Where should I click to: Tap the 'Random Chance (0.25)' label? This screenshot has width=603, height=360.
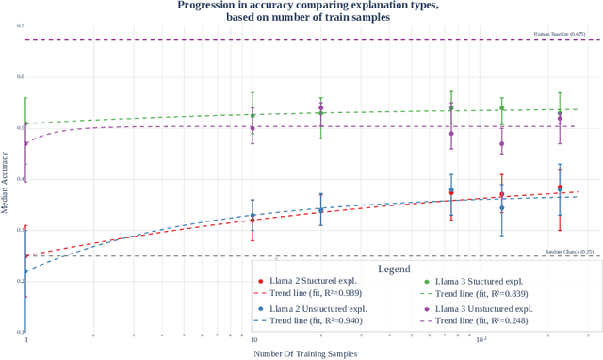click(569, 252)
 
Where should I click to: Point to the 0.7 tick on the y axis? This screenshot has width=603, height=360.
click(20, 25)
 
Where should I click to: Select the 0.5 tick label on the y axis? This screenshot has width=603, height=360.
click(20, 128)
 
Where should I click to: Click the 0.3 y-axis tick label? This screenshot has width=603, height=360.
click(20, 230)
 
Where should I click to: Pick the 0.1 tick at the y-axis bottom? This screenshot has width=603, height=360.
click(20, 332)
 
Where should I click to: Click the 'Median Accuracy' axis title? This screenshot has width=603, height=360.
click(6, 179)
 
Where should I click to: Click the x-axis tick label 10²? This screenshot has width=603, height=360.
click(481, 338)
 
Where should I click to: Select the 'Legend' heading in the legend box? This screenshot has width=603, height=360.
click(393, 269)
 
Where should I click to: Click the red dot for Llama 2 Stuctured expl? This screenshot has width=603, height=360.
click(259, 281)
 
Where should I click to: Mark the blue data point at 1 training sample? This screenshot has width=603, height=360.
click(26, 271)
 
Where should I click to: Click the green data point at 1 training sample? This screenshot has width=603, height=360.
click(26, 123)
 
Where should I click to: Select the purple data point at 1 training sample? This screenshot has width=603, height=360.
click(26, 143)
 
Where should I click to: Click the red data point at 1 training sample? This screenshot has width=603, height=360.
click(26, 255)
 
